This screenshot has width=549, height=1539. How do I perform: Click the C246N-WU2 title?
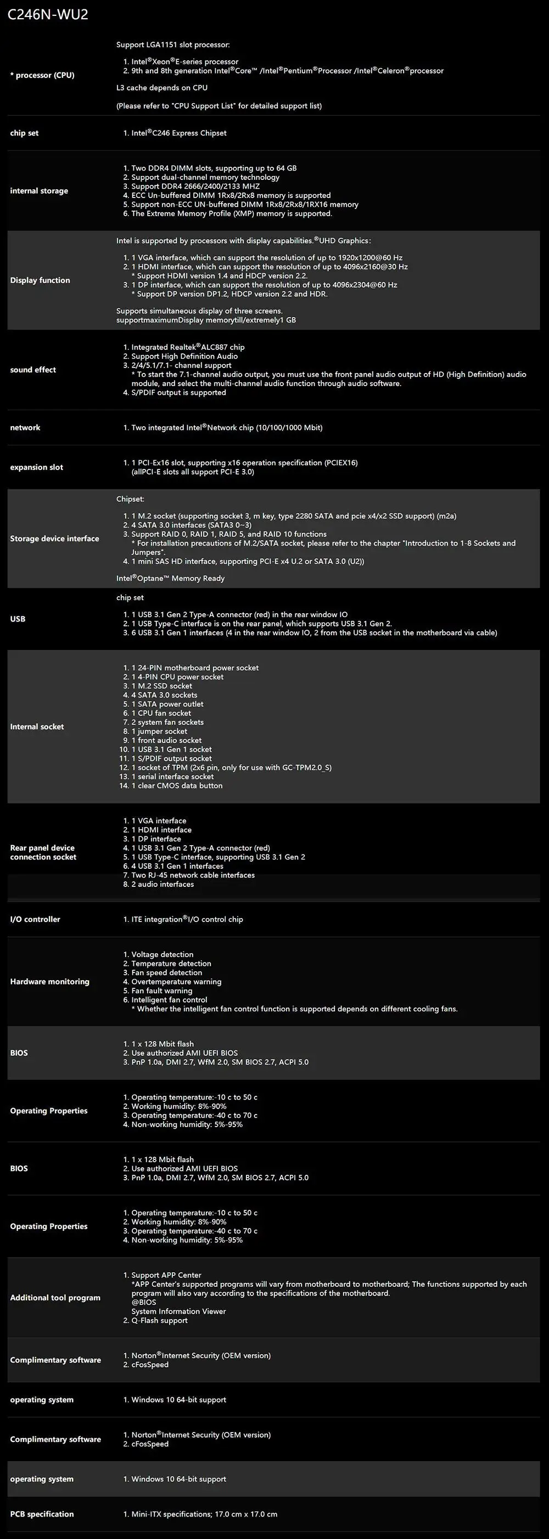tap(48, 14)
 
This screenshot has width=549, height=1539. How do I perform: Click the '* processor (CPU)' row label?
tap(42, 75)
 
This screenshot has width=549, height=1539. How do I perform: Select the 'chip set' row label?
tap(24, 133)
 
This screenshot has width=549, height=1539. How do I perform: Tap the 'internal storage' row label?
tap(39, 191)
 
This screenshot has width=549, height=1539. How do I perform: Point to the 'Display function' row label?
tap(40, 280)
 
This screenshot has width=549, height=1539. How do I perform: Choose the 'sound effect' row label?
tap(33, 370)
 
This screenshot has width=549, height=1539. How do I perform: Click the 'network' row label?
tap(25, 428)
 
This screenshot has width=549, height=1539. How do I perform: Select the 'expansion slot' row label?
tap(36, 467)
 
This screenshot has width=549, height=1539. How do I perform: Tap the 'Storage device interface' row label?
tap(54, 539)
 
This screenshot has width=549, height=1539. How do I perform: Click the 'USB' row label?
tap(18, 619)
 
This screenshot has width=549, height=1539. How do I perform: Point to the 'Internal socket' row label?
tap(37, 727)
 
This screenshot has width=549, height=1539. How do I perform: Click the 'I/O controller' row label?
tap(35, 919)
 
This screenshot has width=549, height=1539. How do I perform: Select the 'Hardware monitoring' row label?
tap(49, 982)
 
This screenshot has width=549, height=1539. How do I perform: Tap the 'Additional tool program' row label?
tap(55, 1298)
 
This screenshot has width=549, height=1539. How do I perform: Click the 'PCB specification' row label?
tap(42, 1514)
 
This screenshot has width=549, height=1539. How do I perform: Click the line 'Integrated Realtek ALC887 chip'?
tap(188, 347)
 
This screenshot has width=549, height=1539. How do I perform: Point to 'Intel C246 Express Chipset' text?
tap(179, 133)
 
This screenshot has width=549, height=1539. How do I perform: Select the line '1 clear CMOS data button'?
tap(176, 785)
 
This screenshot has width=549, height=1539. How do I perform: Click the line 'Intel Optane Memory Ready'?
tap(170, 578)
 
